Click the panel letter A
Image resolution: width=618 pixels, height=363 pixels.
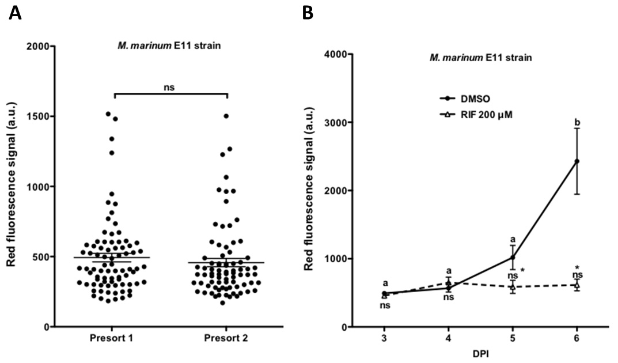16,13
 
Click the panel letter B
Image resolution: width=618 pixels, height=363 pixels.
308,13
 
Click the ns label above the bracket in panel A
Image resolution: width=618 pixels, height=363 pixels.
171,87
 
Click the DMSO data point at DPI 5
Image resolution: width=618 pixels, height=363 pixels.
513,258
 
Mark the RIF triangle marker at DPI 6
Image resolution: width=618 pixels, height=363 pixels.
577,285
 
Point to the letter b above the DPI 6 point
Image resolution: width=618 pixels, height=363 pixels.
577,123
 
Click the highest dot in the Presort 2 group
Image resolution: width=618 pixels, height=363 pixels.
226,116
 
